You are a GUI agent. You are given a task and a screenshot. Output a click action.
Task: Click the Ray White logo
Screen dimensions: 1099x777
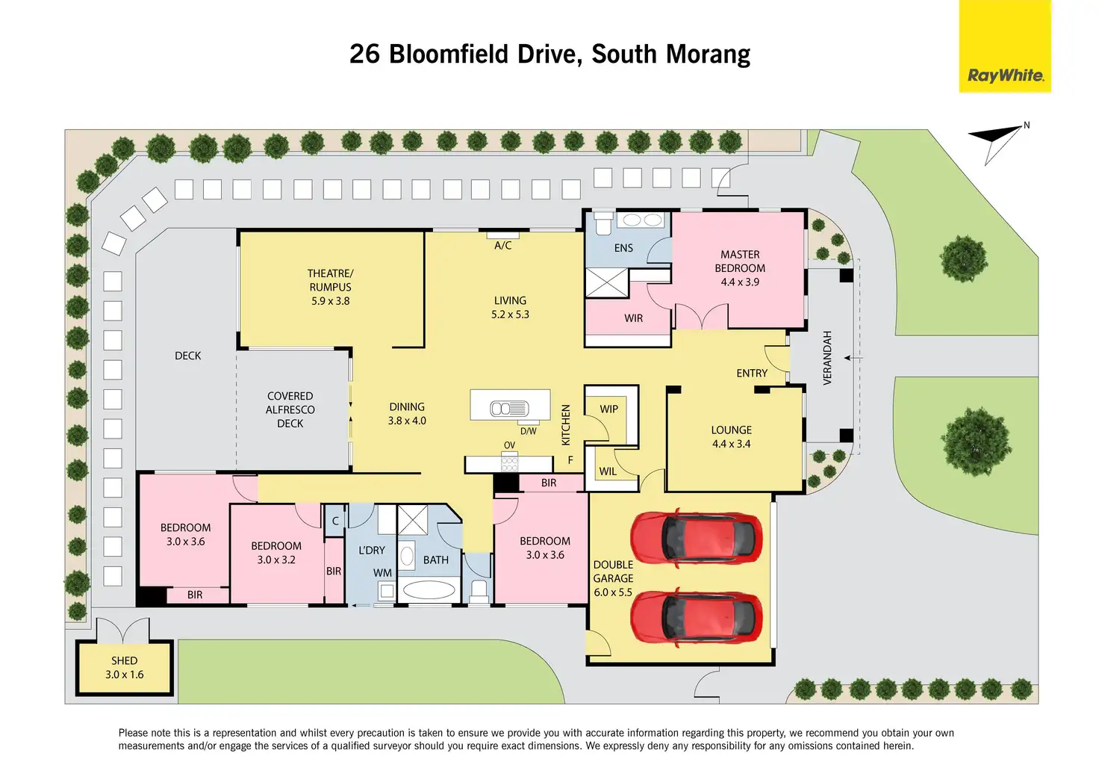1005,46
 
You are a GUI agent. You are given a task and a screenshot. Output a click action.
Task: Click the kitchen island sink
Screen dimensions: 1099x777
510,409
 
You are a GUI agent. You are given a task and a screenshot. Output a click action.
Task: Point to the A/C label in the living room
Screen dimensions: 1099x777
503,245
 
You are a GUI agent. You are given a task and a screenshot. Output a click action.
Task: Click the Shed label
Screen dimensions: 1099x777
124,660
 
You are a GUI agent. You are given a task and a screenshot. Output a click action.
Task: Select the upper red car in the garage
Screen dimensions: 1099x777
696,538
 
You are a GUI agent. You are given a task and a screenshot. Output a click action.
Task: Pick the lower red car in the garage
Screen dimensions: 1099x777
696,617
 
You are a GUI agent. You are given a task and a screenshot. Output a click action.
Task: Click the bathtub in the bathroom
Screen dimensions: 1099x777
429,589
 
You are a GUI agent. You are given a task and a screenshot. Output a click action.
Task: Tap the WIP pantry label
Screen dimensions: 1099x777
609,409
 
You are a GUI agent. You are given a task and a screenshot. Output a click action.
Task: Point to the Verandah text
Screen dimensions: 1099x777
827,358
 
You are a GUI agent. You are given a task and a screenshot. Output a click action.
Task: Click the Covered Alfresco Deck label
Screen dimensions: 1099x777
290,410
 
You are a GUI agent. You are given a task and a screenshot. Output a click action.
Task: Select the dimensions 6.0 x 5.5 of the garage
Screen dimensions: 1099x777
613,592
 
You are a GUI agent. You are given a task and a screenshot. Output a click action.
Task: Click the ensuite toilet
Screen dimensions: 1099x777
603,224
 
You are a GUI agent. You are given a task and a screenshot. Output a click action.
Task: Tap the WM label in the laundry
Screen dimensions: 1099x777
382,573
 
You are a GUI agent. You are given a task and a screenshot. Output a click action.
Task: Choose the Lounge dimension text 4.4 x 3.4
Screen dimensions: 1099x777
731,445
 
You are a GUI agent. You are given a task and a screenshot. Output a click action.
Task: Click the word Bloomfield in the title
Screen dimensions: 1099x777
449,54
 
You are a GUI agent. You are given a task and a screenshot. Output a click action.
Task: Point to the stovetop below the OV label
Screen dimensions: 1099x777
509,464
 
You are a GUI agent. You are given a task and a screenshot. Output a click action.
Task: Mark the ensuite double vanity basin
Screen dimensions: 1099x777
644,220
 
